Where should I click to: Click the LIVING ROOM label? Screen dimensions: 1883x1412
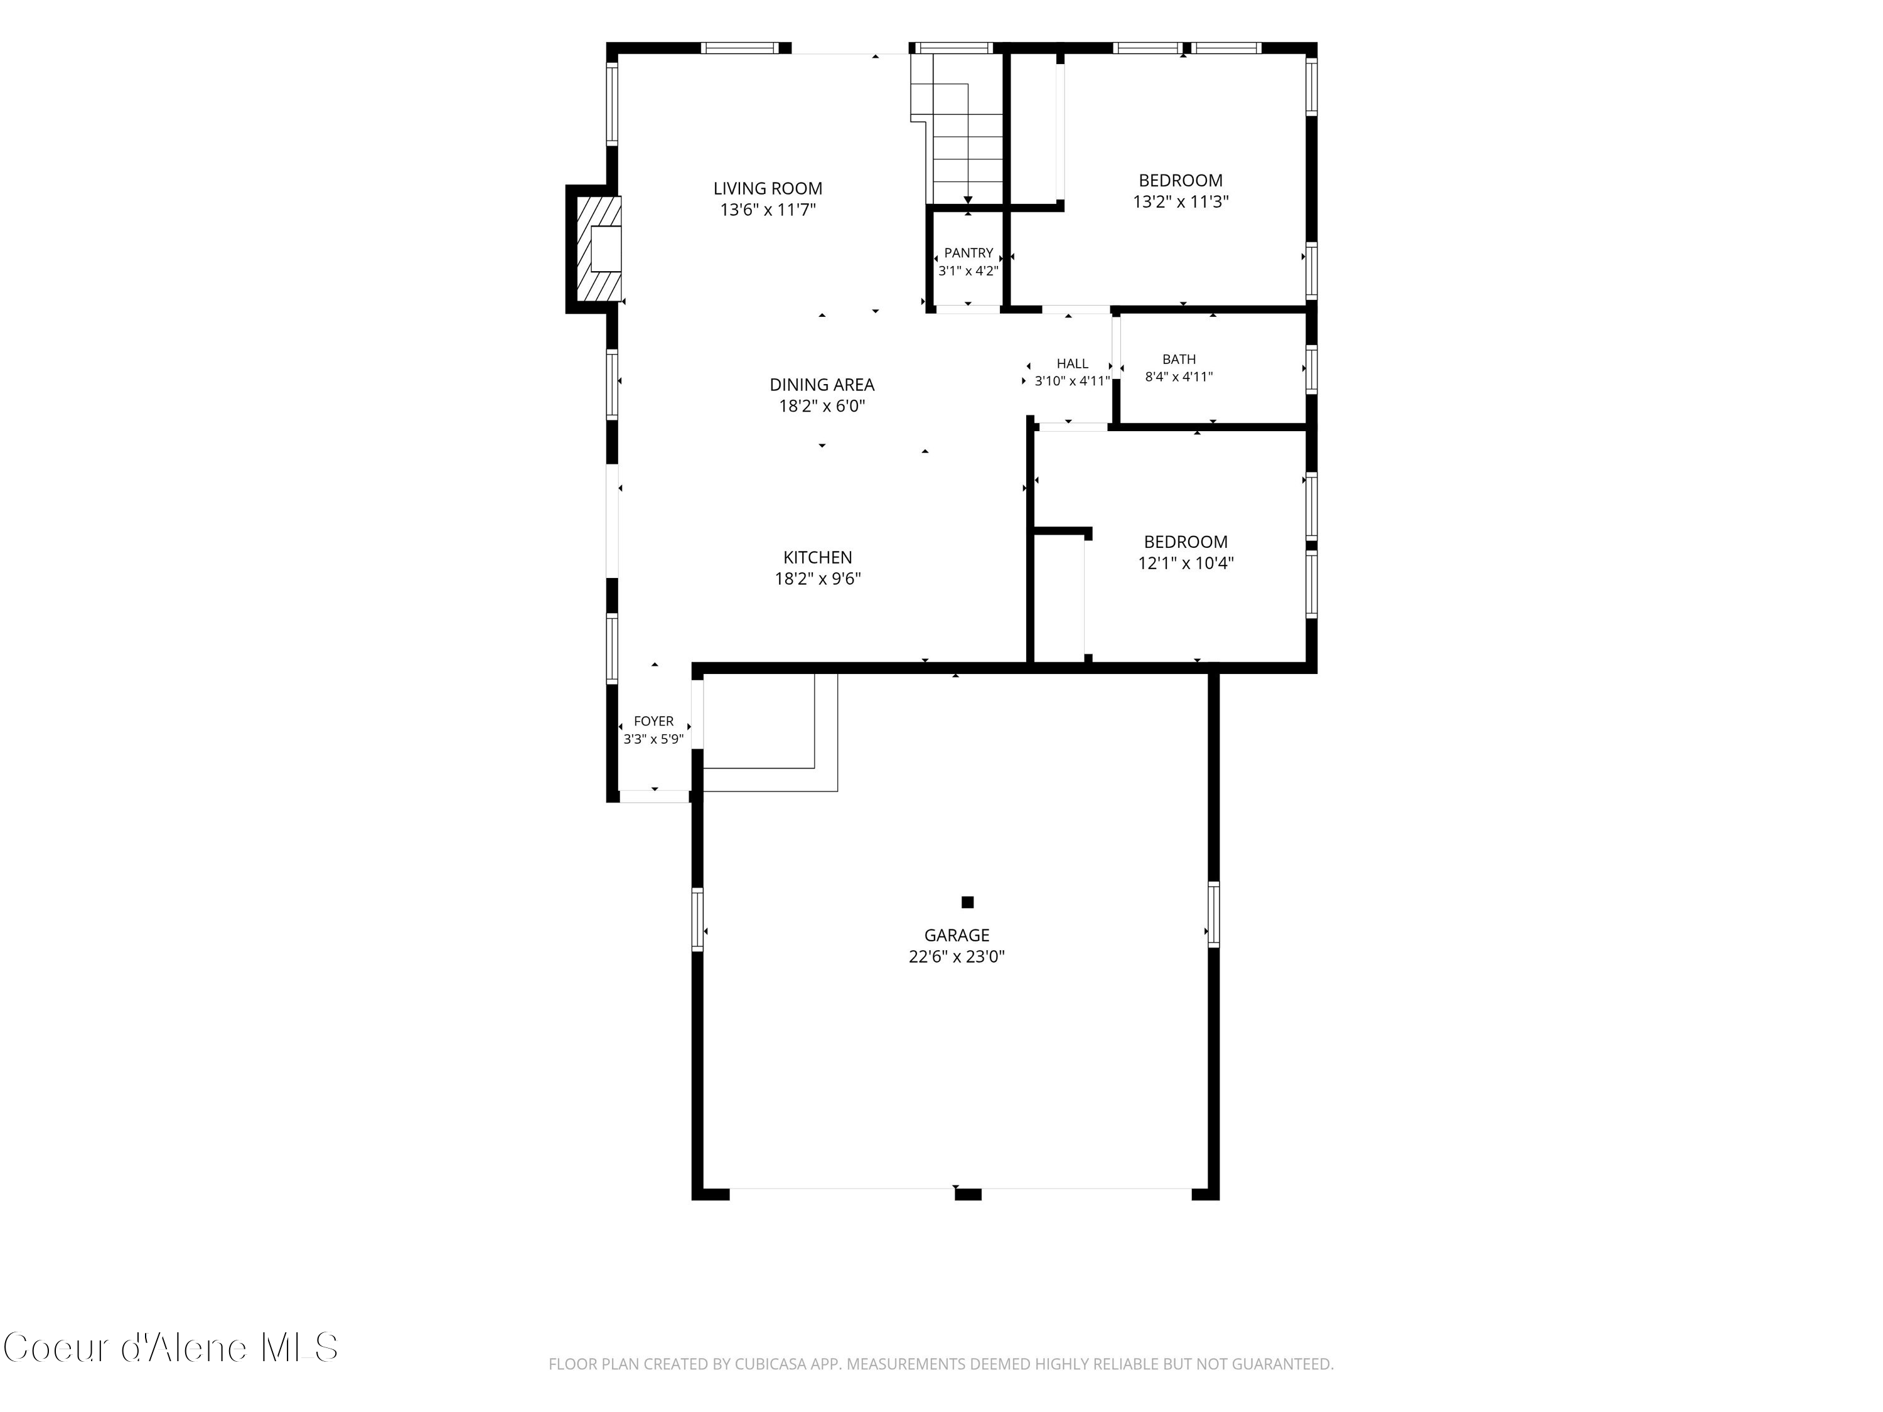[x=768, y=189]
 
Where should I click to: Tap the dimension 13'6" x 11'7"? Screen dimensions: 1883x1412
[x=768, y=210]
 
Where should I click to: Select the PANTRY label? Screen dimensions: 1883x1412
[x=968, y=253]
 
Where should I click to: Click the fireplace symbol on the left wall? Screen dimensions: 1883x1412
[x=598, y=249]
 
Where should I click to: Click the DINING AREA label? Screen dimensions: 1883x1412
[x=822, y=385]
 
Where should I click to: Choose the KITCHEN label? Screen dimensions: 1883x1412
[x=817, y=557]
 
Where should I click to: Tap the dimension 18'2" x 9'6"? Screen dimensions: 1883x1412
[x=817, y=579]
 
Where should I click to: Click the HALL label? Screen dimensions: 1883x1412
[x=1072, y=363]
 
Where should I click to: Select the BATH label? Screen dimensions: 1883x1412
[x=1179, y=359]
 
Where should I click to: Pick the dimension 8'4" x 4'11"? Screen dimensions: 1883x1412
[x=1179, y=377]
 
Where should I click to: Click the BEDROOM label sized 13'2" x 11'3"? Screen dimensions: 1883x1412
[x=1181, y=181]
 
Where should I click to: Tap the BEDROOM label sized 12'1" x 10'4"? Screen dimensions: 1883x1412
[x=1186, y=542]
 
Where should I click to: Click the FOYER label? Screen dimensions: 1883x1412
[x=654, y=721]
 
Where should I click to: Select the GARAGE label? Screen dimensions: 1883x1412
[x=957, y=936]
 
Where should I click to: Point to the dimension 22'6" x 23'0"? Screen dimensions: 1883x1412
[x=957, y=956]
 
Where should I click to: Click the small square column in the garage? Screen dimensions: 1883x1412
[x=967, y=902]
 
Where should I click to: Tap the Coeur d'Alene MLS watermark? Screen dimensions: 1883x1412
[x=170, y=1348]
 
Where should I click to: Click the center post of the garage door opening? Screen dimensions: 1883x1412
[x=968, y=1194]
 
